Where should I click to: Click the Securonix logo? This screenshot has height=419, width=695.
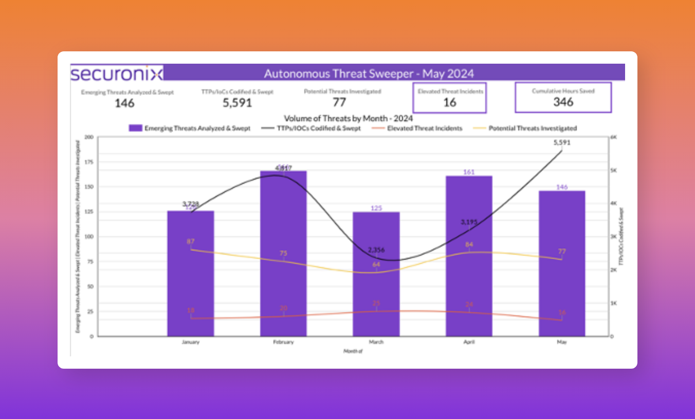tap(117, 73)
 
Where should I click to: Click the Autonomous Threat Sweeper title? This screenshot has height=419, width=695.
tap(369, 73)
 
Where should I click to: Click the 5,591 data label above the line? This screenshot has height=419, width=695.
tap(561, 143)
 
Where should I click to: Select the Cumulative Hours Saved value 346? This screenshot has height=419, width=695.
tap(563, 102)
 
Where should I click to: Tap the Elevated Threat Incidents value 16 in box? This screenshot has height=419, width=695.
tap(450, 102)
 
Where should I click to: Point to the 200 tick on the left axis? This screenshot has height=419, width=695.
tap(88, 137)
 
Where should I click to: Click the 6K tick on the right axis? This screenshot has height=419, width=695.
tap(614, 137)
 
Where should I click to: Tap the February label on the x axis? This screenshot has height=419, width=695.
tap(283, 342)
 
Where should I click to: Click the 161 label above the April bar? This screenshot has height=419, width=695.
tap(469, 172)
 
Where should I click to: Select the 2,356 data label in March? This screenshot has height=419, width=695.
tap(376, 250)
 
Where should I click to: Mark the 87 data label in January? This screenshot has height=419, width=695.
tap(191, 241)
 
